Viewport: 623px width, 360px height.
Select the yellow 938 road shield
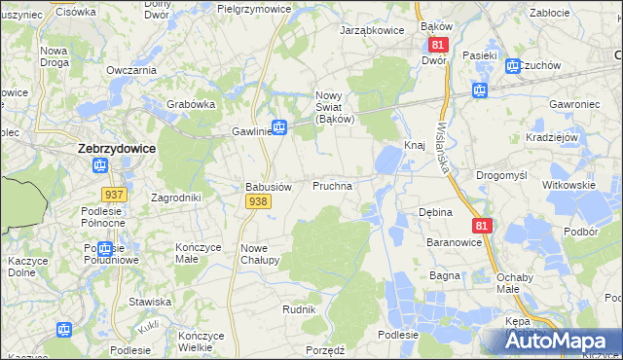(x=258, y=200)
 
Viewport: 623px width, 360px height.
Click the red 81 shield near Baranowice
(x=483, y=226)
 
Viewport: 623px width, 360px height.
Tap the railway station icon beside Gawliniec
(x=279, y=126)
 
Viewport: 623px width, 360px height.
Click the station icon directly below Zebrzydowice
(x=103, y=166)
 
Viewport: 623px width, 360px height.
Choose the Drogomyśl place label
(x=501, y=175)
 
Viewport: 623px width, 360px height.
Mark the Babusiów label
(x=268, y=186)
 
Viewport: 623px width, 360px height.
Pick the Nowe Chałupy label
(x=260, y=254)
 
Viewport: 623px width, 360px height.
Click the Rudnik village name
(x=299, y=309)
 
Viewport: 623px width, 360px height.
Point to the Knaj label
(x=415, y=145)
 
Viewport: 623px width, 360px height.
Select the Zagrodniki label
(x=176, y=198)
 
